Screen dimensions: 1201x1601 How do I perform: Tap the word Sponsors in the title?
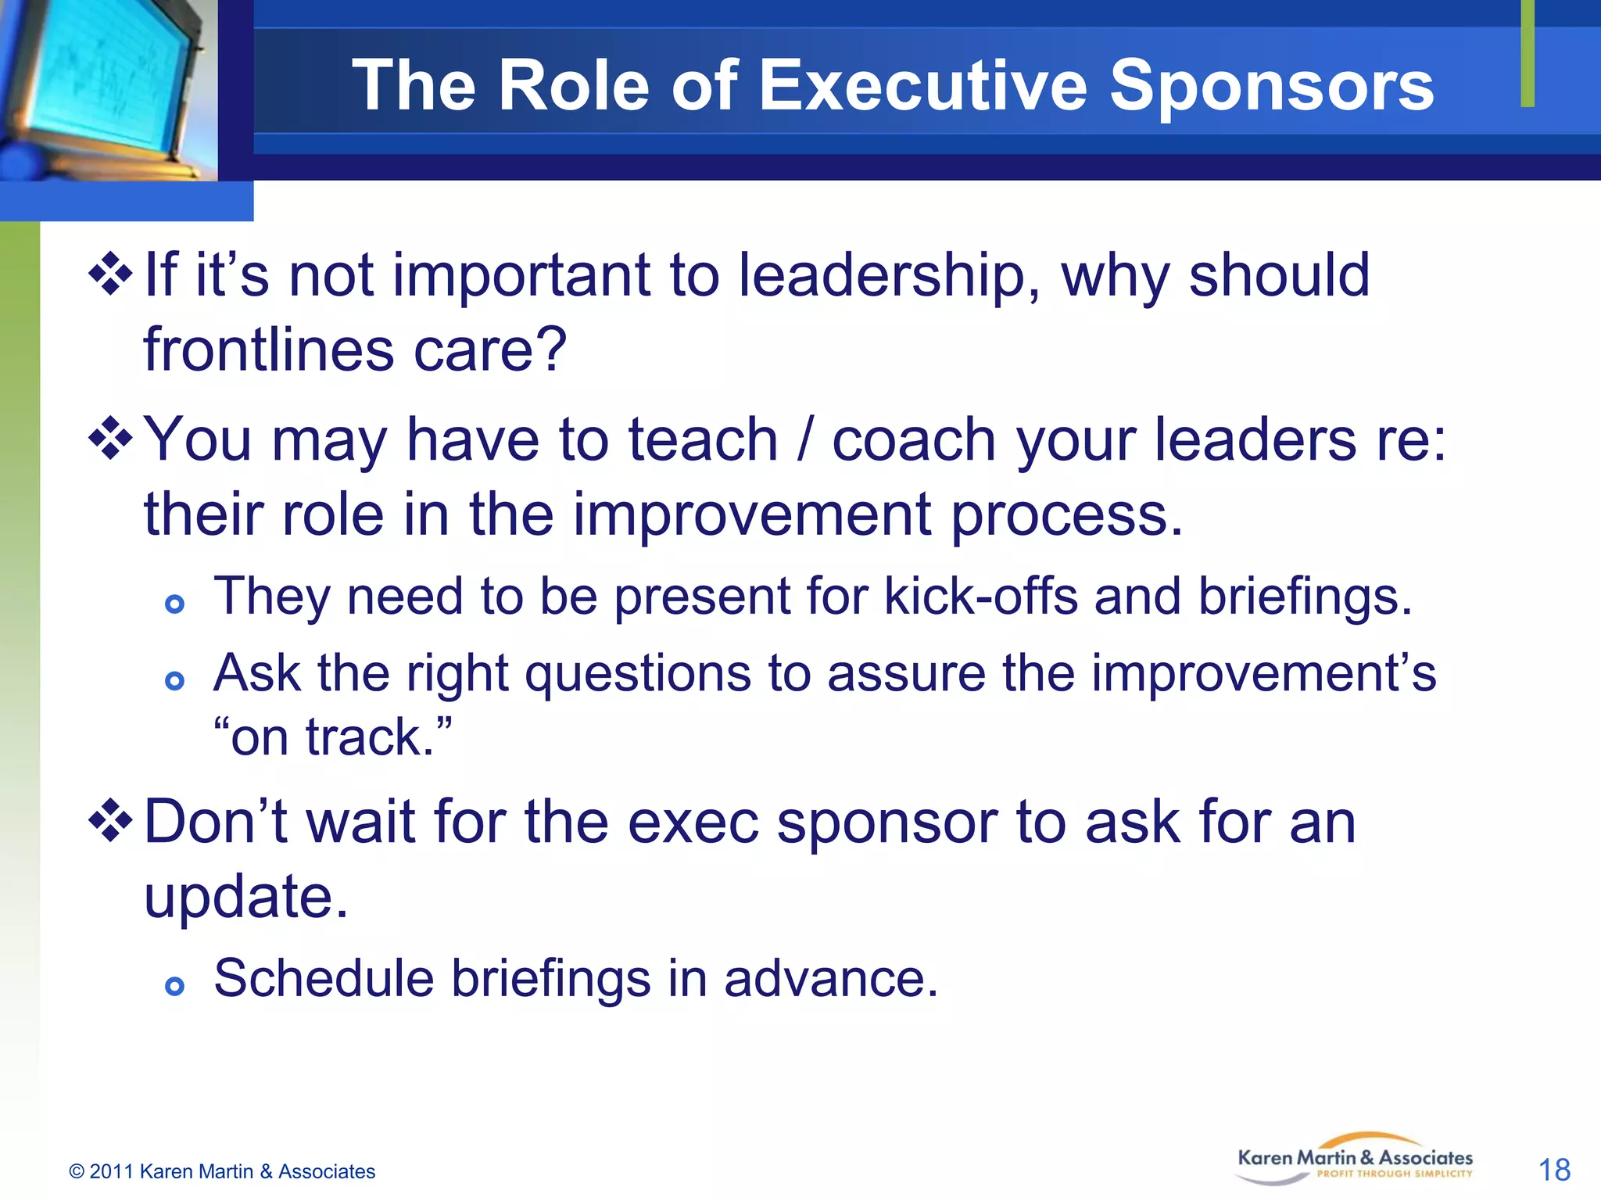point(1271,86)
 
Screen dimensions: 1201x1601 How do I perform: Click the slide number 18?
point(1553,1170)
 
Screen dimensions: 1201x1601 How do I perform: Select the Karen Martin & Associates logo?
point(1355,1160)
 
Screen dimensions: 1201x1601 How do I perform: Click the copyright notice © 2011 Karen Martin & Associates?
point(222,1171)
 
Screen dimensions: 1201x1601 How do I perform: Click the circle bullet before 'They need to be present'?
point(175,604)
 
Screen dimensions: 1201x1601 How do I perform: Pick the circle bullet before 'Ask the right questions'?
point(175,680)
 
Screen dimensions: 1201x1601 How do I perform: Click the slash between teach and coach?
point(804,439)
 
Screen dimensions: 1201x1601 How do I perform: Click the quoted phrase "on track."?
point(332,737)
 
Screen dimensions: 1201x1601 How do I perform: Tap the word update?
point(245,897)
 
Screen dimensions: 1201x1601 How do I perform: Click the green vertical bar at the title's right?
point(1527,53)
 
